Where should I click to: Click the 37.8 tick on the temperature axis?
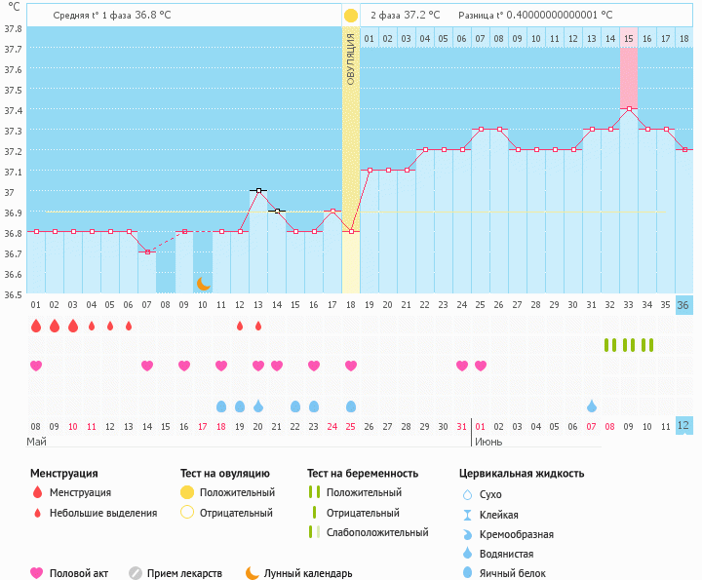click(x=13, y=27)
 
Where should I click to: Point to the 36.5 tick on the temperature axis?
click(x=13, y=293)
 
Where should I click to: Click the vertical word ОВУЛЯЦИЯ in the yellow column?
click(x=351, y=58)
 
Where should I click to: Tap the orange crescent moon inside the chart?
click(x=203, y=284)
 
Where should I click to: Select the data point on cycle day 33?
click(x=629, y=108)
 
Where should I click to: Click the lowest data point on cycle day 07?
click(x=147, y=251)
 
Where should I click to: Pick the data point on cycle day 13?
click(x=258, y=190)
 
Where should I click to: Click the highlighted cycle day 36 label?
click(x=683, y=305)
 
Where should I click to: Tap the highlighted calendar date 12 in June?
click(x=683, y=426)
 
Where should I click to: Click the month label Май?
click(x=36, y=442)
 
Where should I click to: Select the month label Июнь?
click(x=488, y=442)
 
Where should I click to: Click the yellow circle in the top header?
click(x=351, y=16)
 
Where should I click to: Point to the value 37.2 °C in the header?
click(x=421, y=16)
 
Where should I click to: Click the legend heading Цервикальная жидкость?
click(x=522, y=474)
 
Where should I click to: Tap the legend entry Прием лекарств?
click(x=184, y=573)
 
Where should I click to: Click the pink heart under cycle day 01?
click(x=36, y=366)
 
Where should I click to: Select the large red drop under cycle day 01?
click(x=36, y=326)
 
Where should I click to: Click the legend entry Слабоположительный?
click(x=377, y=532)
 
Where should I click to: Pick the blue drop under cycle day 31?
click(x=592, y=406)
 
